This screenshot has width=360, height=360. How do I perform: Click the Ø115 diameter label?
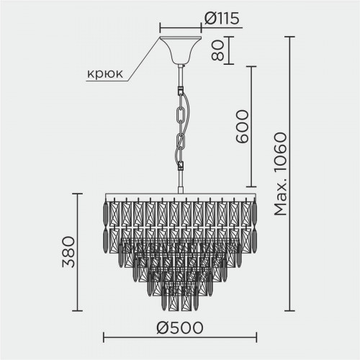click(x=222, y=19)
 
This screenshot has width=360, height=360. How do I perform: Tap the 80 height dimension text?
click(x=217, y=50)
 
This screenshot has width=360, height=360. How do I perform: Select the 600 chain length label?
click(x=241, y=127)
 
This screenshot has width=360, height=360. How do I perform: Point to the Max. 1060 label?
click(x=280, y=174)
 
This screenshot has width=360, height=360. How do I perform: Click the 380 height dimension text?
click(x=68, y=252)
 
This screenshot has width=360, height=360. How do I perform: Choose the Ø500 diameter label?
click(x=180, y=328)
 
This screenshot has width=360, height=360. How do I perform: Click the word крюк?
click(x=105, y=73)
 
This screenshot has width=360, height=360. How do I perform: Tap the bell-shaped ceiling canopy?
click(x=181, y=50)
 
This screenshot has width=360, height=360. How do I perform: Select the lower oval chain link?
click(x=181, y=142)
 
